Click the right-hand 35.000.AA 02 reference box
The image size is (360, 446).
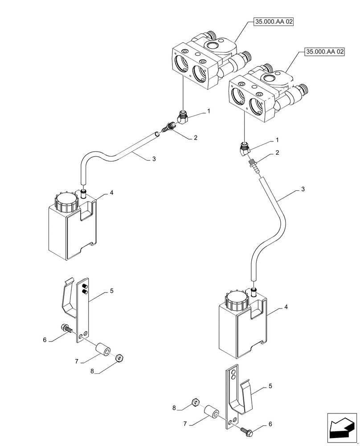point(325,52)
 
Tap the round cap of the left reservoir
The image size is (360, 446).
point(67,200)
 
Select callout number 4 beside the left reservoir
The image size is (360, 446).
point(111,193)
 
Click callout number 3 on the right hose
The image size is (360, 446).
point(303,190)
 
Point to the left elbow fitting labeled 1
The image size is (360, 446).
point(183,118)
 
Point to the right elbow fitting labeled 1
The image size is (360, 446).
point(245,148)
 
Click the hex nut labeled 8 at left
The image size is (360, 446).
point(119,358)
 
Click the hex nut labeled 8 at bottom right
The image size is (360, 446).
point(195,403)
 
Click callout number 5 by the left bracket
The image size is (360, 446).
point(111,291)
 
